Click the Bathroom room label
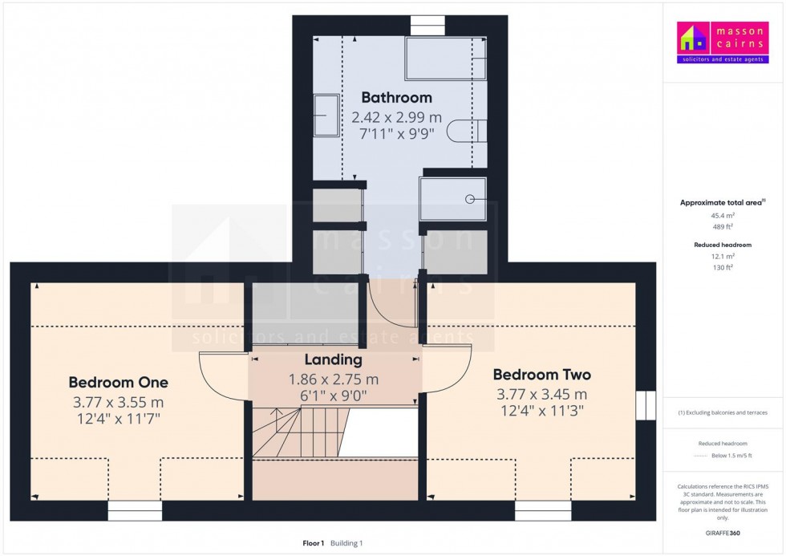[396, 98]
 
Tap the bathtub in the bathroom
[445, 58]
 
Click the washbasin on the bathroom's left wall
[326, 115]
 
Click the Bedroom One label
[118, 382]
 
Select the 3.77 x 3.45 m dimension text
[541, 394]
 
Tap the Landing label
[333, 360]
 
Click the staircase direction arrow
[277, 417]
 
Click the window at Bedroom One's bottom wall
[135, 510]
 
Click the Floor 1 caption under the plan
[313, 543]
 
